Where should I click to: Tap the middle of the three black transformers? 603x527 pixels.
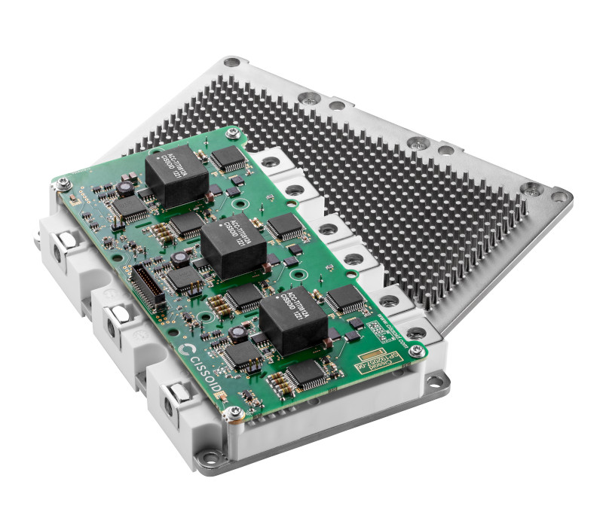(233, 250)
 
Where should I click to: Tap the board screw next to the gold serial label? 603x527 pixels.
(416, 350)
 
